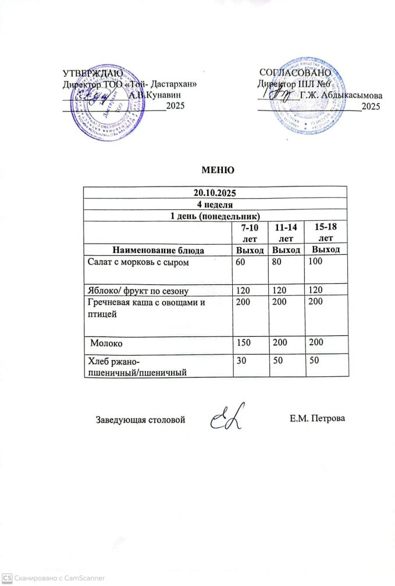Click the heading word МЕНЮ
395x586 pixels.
(x=217, y=170)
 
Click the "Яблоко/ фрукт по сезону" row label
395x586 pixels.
(x=138, y=289)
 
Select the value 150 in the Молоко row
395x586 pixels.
(x=242, y=343)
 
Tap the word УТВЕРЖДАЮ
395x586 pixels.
(x=92, y=73)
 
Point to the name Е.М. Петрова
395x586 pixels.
(x=317, y=418)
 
